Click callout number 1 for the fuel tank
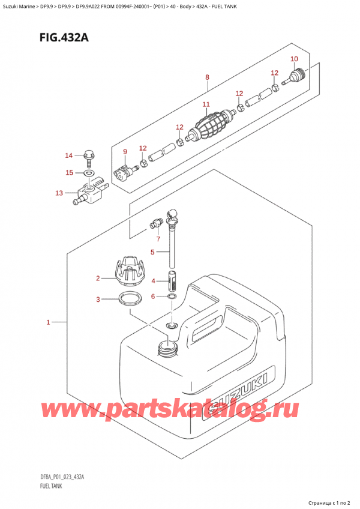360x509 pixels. pyautogui.click(x=47, y=324)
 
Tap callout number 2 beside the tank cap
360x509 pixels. pyautogui.click(x=98, y=278)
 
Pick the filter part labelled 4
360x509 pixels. pyautogui.click(x=172, y=279)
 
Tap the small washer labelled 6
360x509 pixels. pyautogui.click(x=172, y=297)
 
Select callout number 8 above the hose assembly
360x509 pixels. pyautogui.click(x=206, y=77)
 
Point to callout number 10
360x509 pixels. pyautogui.click(x=293, y=58)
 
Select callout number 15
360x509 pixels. pyautogui.click(x=69, y=173)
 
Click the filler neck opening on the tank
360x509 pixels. pyautogui.click(x=167, y=347)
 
